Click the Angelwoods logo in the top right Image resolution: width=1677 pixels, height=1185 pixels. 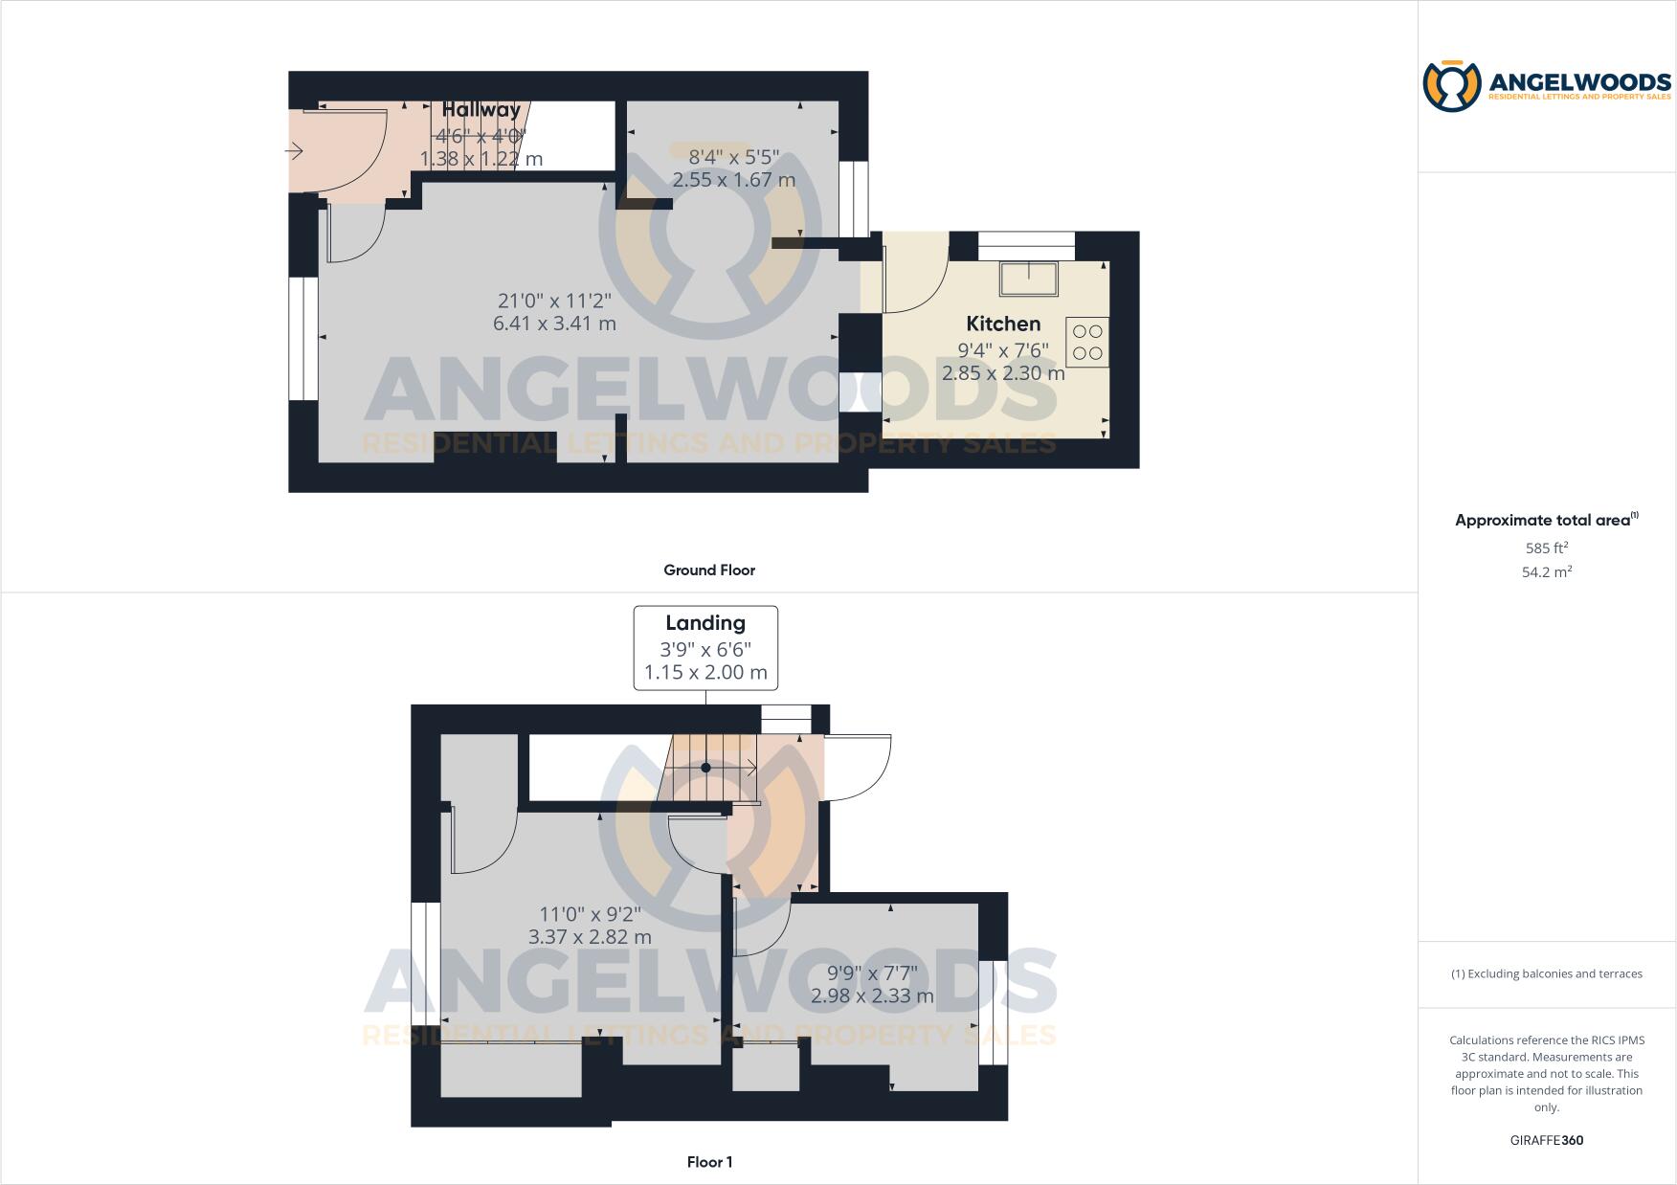[x=1546, y=87]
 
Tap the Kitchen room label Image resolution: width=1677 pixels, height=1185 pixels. [x=1003, y=324]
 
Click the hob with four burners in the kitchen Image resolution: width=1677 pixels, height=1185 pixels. [x=1087, y=342]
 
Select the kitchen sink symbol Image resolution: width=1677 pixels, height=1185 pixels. [x=1029, y=279]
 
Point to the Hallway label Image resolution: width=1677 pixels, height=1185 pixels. [x=481, y=110]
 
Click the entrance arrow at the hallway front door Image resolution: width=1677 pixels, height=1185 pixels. [x=294, y=151]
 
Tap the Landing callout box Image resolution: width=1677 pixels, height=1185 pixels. [x=705, y=648]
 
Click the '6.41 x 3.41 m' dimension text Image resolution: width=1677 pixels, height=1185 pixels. [x=554, y=324]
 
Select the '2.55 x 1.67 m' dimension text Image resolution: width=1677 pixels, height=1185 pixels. [x=734, y=180]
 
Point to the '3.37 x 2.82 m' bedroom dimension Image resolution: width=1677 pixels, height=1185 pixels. [x=590, y=937]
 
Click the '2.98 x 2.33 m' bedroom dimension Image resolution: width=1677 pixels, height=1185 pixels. [x=872, y=995]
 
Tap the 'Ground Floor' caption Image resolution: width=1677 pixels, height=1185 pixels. [x=709, y=570]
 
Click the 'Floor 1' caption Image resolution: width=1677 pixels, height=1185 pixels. [x=709, y=1162]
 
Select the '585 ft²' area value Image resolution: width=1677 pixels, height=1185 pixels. [x=1547, y=548]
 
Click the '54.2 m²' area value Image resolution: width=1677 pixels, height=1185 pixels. [x=1547, y=572]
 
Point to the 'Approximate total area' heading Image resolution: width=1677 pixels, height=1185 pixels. [x=1543, y=521]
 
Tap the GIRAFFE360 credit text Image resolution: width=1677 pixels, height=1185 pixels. [x=1546, y=1140]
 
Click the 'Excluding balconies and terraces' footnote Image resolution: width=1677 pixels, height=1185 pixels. [x=1547, y=973]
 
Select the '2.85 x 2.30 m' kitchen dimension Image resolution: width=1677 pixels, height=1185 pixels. [x=1003, y=373]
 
